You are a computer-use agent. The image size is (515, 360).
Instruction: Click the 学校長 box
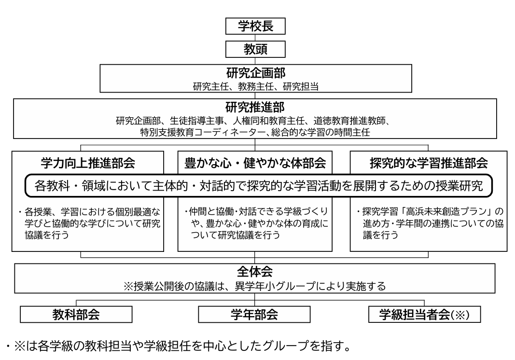[x=255, y=27]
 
